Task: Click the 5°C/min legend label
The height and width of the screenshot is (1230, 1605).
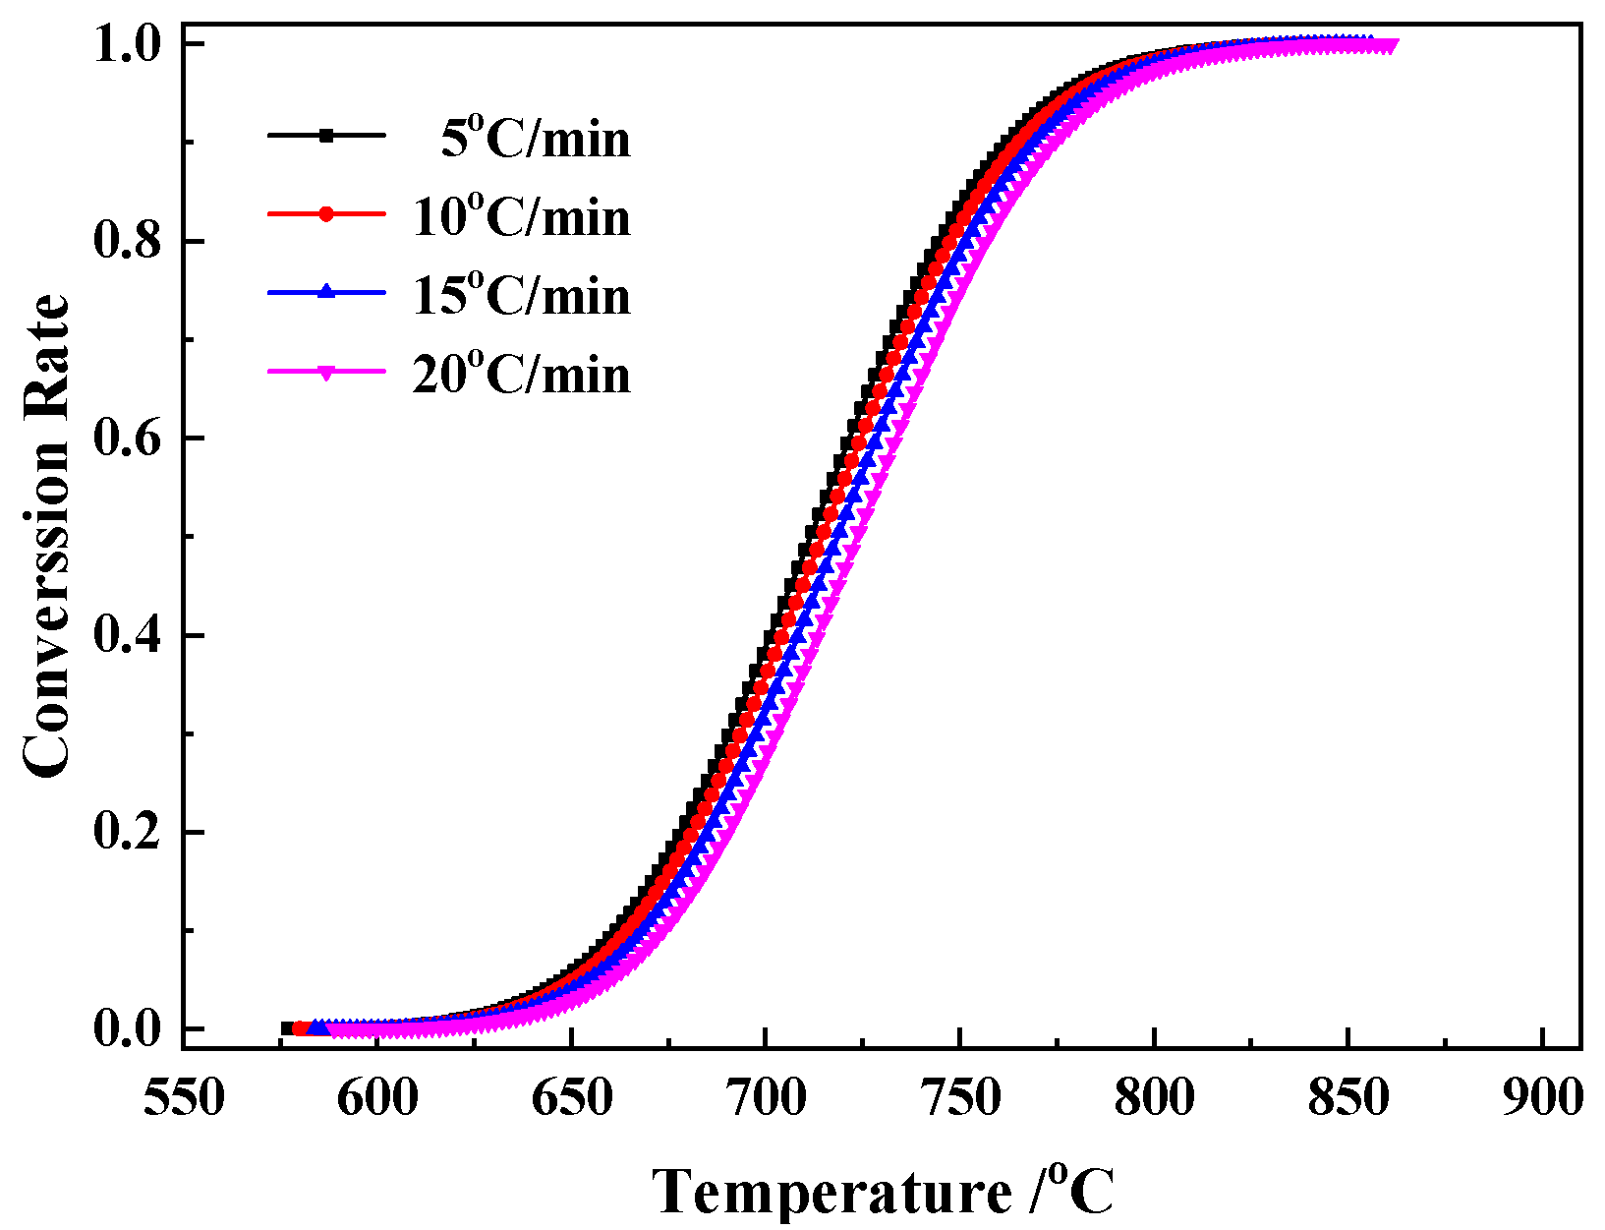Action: pyautogui.click(x=535, y=139)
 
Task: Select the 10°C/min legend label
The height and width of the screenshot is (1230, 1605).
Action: pyautogui.click(x=521, y=217)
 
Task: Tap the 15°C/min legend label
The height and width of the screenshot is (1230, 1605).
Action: pyautogui.click(x=521, y=296)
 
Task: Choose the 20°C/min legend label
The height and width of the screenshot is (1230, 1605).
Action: pyautogui.click(x=521, y=375)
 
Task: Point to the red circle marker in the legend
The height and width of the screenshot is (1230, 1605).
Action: pyautogui.click(x=326, y=214)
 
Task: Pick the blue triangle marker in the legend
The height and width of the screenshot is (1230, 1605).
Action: pyautogui.click(x=326, y=292)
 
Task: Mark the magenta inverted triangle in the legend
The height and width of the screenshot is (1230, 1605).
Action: pyautogui.click(x=326, y=372)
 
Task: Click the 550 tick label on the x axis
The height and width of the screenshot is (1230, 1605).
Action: pyautogui.click(x=184, y=1097)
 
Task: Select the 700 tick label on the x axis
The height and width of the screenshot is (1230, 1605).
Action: pyautogui.click(x=766, y=1097)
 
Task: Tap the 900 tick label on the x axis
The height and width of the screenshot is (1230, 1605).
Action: pyautogui.click(x=1542, y=1097)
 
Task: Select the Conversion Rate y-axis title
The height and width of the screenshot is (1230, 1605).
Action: pyautogui.click(x=46, y=536)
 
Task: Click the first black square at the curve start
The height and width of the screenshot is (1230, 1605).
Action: pyautogui.click(x=288, y=1028)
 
